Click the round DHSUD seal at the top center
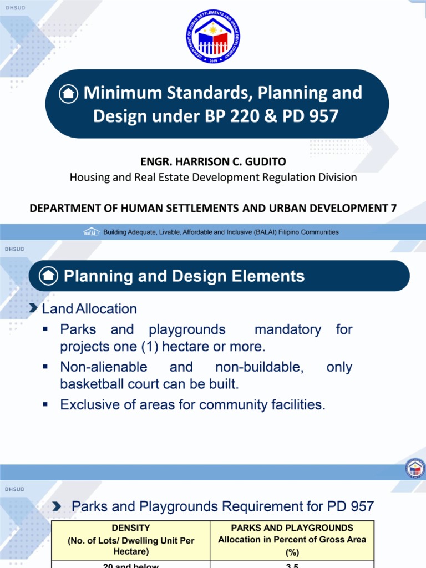[213, 37]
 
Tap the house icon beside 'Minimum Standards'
[68, 93]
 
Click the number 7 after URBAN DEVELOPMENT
[393, 208]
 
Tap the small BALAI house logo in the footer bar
[91, 232]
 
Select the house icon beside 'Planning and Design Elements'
[48, 276]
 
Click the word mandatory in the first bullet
[287, 329]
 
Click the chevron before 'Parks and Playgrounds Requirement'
[57, 506]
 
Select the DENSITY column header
[130, 528]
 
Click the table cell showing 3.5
[292, 565]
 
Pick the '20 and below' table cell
[130, 565]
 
